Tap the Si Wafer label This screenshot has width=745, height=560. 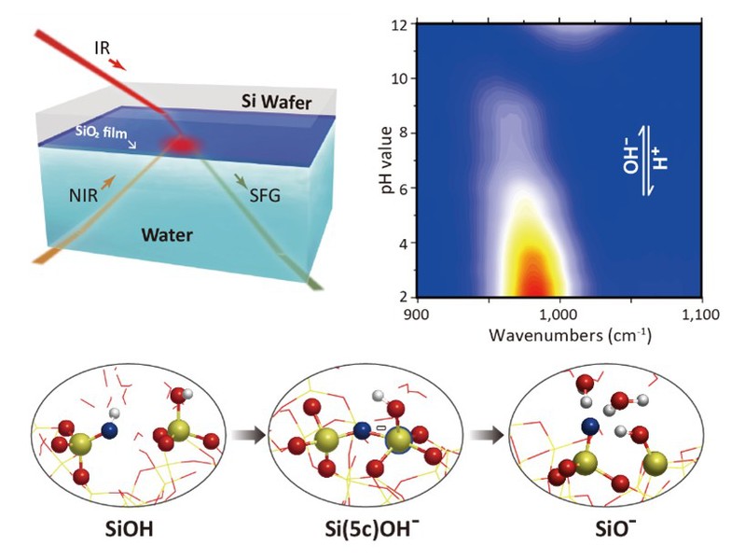point(271,101)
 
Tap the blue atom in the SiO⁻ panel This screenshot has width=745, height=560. point(588,427)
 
